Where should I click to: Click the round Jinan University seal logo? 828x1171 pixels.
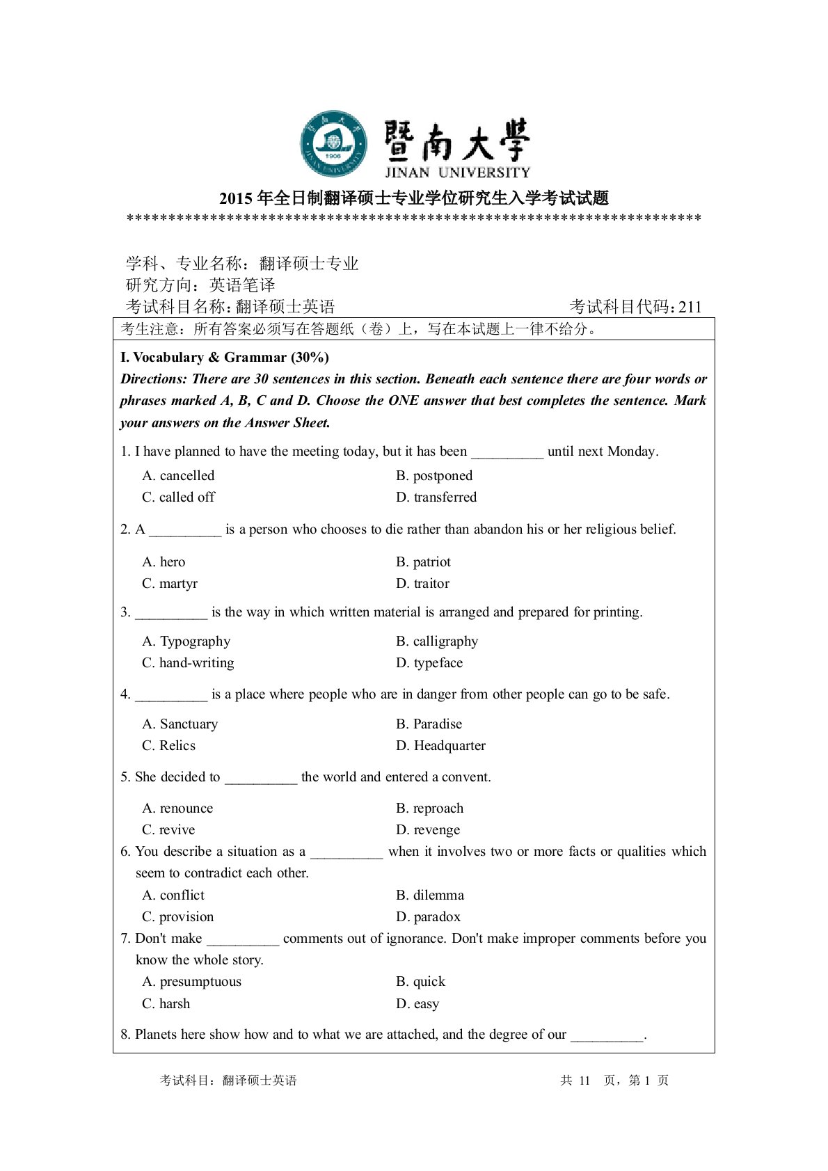pos(333,144)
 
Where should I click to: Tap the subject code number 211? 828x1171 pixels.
pos(690,307)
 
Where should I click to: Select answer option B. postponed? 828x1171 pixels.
pos(434,476)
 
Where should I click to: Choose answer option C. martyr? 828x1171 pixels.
pos(170,584)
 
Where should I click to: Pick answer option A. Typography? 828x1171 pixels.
pos(186,642)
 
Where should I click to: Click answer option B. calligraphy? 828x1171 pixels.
pos(437,642)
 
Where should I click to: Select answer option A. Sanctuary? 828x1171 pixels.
pos(180,724)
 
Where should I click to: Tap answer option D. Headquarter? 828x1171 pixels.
pos(440,746)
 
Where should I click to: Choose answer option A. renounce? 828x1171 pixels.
pos(177,808)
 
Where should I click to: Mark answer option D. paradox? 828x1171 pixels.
pos(428,917)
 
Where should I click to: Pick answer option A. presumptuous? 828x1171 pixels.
pos(191,982)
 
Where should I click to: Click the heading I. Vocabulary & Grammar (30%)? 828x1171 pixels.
pos(225,358)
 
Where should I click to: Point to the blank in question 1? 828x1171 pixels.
pos(507,453)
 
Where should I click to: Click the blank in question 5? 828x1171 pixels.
pos(260,779)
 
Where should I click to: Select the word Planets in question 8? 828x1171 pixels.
pos(156,1035)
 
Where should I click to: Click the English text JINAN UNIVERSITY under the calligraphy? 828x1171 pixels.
pos(457,173)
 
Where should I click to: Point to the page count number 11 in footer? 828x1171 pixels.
pos(584,1081)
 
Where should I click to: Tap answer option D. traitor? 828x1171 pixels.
pos(422,584)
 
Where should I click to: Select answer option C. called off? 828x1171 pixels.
pos(178,497)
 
